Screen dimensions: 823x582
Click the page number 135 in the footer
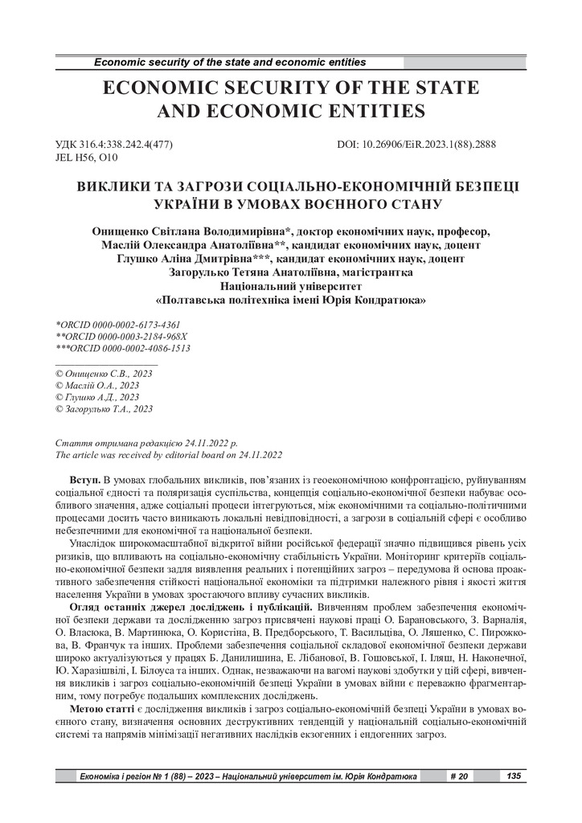click(512, 776)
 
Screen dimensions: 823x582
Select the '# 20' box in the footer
click(458, 776)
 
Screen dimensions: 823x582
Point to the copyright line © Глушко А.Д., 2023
click(96, 397)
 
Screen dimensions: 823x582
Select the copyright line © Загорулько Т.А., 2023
click(103, 409)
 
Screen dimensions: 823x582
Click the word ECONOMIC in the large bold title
click(166, 87)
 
